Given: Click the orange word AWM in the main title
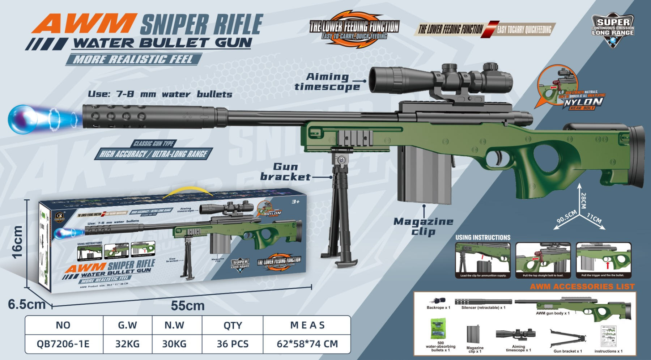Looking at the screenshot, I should pos(84,24).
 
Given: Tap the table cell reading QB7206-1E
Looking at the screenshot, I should pos(63,344).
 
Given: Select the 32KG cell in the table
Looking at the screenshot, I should pos(127,344).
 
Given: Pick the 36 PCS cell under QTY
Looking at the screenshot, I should pos(233,344).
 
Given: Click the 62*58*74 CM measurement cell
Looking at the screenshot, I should pos(307,344).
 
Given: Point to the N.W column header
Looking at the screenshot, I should pos(174,325).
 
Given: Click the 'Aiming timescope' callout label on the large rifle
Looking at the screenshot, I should pos(327,82).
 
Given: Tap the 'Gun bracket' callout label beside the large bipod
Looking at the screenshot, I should pos(285,172).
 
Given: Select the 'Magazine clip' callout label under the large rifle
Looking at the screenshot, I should pos(423,226).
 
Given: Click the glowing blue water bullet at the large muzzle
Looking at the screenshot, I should pos(22,119).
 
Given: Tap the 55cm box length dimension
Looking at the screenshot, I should pos(188,306).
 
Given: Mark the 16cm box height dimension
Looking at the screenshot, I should pos(17,242).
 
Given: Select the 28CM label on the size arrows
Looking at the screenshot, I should pos(583,200).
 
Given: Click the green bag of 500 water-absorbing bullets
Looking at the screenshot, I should pos(438,329).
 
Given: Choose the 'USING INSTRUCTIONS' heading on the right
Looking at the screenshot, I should pos(483,238).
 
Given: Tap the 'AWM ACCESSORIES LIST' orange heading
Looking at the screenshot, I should pos(582,287).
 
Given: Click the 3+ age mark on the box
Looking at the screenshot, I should pos(295,202).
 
